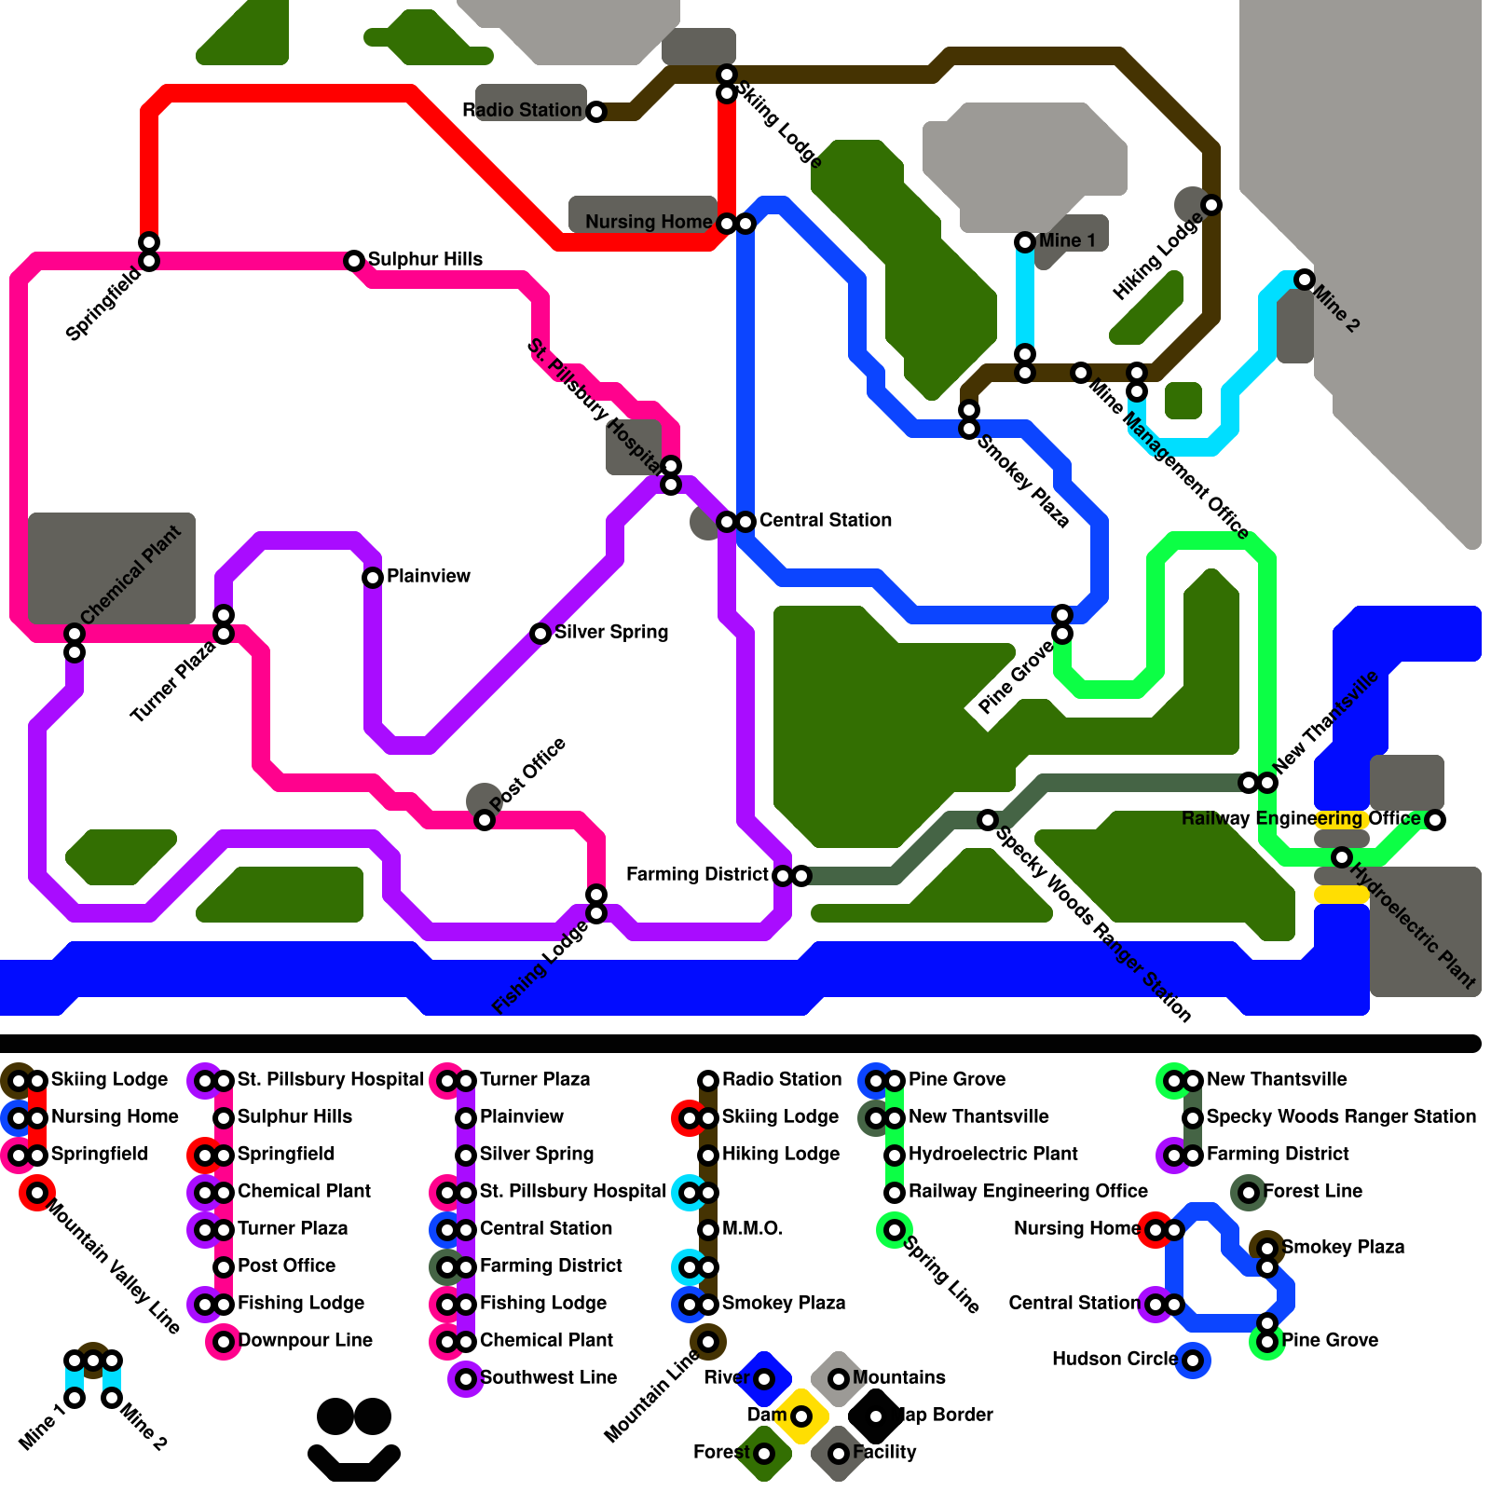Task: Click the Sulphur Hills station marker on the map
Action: [x=354, y=261]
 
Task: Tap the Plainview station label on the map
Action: [x=428, y=576]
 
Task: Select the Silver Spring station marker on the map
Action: [x=540, y=634]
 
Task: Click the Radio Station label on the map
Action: [x=522, y=110]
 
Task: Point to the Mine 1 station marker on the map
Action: [x=1025, y=242]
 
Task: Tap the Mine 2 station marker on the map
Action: [x=1305, y=280]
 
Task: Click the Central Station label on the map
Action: [x=825, y=520]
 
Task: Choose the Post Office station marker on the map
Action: [x=485, y=820]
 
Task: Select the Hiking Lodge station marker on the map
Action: [x=1211, y=205]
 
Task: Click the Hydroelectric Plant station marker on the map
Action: [x=1342, y=857]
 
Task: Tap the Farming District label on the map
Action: [x=697, y=874]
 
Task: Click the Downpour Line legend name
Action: [x=306, y=1340]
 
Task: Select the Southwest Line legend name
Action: [x=548, y=1377]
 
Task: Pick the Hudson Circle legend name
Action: [x=1115, y=1359]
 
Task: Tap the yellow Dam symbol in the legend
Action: [x=801, y=1416]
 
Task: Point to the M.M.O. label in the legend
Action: [x=752, y=1228]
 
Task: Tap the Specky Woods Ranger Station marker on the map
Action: [x=988, y=820]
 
